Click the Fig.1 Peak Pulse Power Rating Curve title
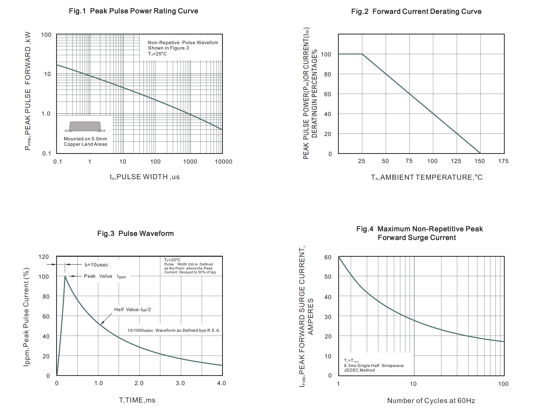pos(133,11)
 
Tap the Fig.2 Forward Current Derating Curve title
pos(416,11)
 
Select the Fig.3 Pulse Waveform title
pos(135,234)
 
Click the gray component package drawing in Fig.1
pos(85,126)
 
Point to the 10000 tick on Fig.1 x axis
pos(223,162)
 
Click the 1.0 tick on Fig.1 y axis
pos(46,114)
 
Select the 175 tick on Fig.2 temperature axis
pos(503,161)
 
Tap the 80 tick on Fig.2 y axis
pos(327,74)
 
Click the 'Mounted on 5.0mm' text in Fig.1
pos(85,139)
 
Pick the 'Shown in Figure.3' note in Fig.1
pos(168,48)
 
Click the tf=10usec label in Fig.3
pos(96,265)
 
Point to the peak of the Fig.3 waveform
pos(65,276)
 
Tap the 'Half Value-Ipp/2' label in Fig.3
pos(132,310)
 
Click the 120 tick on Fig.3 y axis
pos(43,257)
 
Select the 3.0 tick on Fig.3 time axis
pos(180,383)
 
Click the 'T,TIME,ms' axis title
pos(137,400)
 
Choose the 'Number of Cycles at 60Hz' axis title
pos(431,401)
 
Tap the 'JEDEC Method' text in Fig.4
pos(359,370)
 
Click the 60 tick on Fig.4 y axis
pos(328,257)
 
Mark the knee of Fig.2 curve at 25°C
pos(362,54)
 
